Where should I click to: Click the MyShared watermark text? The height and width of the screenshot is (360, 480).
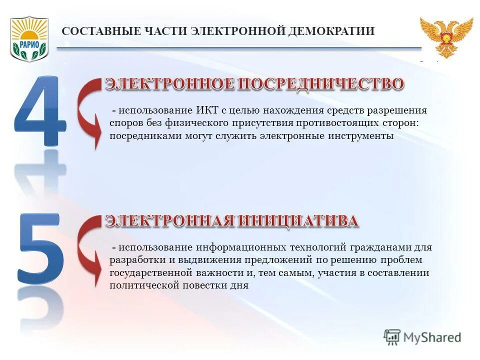coord(433,337)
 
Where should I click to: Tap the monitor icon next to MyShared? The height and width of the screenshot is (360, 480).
coord(392,337)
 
